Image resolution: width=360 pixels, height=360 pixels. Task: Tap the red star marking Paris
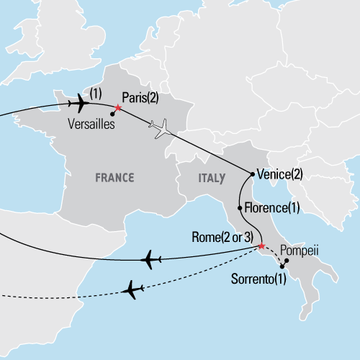tap(118, 108)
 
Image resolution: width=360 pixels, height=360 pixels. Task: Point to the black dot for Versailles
tap(112, 114)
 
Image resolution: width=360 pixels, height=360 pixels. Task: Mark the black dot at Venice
tap(251, 174)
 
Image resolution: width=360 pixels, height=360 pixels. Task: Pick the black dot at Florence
tap(239, 208)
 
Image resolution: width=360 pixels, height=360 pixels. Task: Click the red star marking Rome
tap(260, 248)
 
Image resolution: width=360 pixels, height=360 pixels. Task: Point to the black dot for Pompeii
tap(287, 261)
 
